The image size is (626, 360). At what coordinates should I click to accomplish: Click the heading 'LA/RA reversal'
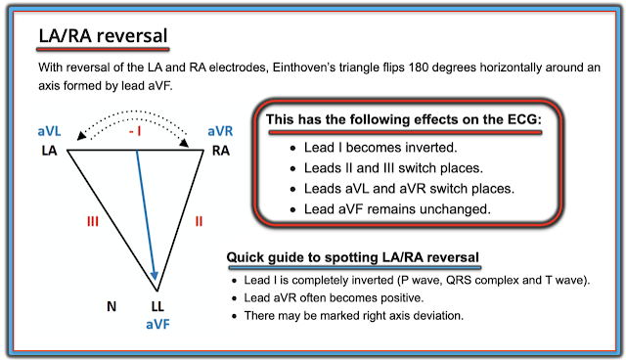click(103, 35)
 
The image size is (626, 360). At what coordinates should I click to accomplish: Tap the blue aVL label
click(49, 131)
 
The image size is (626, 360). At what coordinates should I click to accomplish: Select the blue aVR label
click(220, 131)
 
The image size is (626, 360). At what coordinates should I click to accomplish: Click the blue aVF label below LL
click(157, 324)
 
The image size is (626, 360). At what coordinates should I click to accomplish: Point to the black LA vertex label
click(49, 151)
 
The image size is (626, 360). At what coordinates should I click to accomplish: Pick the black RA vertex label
click(221, 151)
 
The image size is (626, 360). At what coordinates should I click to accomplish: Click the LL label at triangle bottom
click(157, 306)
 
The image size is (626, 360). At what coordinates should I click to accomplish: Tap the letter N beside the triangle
click(112, 306)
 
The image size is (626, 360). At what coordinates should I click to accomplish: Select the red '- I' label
click(135, 131)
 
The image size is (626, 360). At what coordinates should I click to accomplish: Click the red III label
click(93, 221)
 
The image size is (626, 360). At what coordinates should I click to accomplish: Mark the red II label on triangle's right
click(199, 221)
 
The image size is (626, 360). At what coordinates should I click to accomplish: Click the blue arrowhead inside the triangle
click(155, 276)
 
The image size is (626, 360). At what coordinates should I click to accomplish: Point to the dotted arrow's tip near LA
click(79, 138)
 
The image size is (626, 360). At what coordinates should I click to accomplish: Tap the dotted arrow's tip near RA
click(186, 145)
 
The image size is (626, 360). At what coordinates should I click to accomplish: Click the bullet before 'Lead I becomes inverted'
click(293, 149)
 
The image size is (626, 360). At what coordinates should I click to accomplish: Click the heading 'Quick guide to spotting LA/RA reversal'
click(352, 257)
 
